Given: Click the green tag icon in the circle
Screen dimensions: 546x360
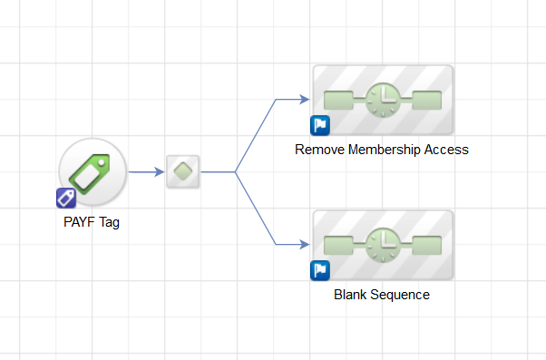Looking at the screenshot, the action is coord(90,174).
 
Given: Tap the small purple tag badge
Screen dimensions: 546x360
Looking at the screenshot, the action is coord(66,199).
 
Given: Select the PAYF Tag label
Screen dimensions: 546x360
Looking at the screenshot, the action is coord(92,222).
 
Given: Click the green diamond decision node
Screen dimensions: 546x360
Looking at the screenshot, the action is coord(183,171).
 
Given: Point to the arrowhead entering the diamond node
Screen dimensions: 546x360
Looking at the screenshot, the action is coord(160,171).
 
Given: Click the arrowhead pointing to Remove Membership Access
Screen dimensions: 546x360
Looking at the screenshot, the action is coord(305,99).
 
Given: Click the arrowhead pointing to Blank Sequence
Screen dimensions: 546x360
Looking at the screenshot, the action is coord(305,245).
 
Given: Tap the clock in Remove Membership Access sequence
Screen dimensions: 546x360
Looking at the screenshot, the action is coord(383,100).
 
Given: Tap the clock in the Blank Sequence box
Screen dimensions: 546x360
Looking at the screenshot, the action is coord(383,245).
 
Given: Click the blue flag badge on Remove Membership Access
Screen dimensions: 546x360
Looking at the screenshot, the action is coord(320,125).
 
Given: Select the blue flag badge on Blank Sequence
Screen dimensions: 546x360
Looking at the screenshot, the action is coord(320,270).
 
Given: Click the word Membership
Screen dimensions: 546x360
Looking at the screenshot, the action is coord(384,150).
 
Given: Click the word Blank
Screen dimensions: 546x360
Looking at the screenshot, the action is coord(350,295).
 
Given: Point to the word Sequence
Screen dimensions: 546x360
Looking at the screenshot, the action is coord(400,296).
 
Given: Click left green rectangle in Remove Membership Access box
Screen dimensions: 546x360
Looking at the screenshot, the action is coord(338,100).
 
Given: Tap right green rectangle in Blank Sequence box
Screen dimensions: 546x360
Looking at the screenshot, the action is coord(427,245).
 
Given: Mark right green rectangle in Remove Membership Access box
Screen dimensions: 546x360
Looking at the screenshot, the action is coord(427,100).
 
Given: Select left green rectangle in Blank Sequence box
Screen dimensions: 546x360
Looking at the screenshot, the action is coord(338,245).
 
